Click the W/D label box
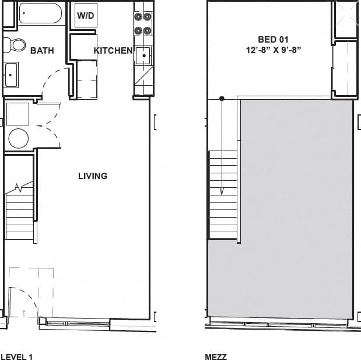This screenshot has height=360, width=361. pyautogui.click(x=85, y=16)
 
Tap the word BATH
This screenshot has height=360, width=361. pyautogui.click(x=42, y=51)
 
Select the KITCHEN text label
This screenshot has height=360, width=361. pyautogui.click(x=113, y=51)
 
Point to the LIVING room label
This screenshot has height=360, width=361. pyautogui.click(x=93, y=176)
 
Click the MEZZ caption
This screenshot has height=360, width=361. pyautogui.click(x=216, y=356)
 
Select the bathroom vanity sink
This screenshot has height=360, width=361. pyautogui.click(x=12, y=75)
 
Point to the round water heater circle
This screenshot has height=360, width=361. pyautogui.click(x=18, y=139)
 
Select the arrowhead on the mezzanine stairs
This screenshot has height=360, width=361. pyautogui.click(x=222, y=190)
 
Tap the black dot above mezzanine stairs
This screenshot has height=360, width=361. pyautogui.click(x=222, y=99)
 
